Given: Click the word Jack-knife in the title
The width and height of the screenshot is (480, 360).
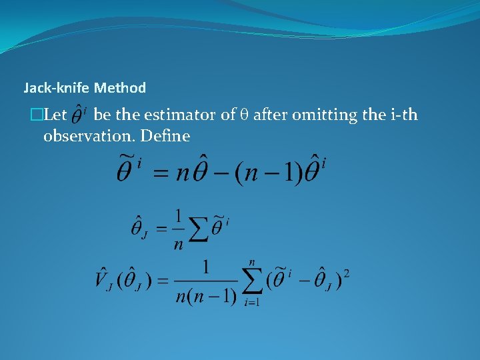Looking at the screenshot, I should [x=57, y=87].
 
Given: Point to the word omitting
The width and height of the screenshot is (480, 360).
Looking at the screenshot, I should [x=326, y=115].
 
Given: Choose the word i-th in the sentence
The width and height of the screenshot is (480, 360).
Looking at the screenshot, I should [x=402, y=115].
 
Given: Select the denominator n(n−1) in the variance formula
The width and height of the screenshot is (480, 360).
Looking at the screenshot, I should [x=207, y=294].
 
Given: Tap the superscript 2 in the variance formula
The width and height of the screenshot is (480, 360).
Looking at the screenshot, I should [x=346, y=273].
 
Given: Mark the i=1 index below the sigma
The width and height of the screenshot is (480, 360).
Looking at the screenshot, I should [x=251, y=302].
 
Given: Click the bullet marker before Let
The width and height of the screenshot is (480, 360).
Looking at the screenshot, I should [x=44, y=115].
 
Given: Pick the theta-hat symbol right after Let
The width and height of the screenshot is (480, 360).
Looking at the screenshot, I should [x=78, y=115].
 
